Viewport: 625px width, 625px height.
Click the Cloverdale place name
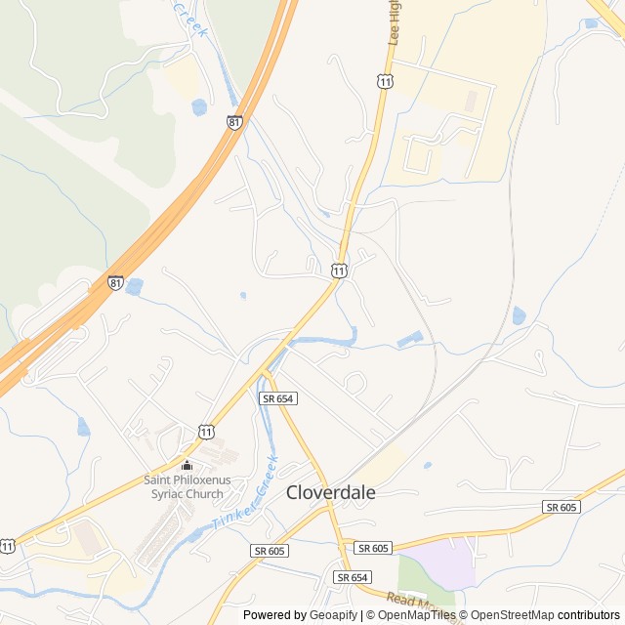tap(330, 493)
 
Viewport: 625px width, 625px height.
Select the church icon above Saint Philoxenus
tap(187, 465)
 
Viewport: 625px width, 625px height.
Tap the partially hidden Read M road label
tap(410, 601)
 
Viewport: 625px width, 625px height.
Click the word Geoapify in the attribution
tap(333, 615)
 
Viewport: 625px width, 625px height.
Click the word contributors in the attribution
tap(589, 615)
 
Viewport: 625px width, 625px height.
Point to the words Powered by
tap(274, 615)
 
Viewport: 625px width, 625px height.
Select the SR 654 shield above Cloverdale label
tap(276, 398)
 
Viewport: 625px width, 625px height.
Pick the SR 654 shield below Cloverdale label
tap(352, 577)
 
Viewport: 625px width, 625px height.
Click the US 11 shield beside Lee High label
tap(385, 82)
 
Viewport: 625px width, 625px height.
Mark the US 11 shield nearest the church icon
tap(206, 431)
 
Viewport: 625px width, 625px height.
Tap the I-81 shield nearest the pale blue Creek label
tap(233, 122)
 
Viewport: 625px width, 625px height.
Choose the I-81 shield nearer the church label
tap(115, 283)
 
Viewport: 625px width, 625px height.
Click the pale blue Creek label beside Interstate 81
tap(191, 19)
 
